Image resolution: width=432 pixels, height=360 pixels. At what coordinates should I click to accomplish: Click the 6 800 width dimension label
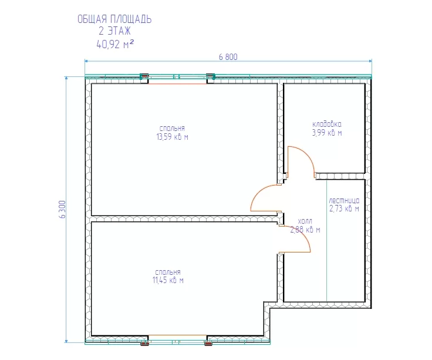(228, 57)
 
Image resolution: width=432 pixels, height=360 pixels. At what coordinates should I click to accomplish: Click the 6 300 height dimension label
(63, 210)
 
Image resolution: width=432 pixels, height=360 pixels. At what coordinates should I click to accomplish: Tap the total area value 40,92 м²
(115, 44)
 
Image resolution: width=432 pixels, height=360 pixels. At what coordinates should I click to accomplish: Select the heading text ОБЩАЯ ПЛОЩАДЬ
(114, 19)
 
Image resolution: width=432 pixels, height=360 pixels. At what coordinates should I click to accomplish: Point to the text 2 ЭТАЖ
(114, 31)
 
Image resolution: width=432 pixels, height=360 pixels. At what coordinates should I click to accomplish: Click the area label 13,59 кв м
(173, 137)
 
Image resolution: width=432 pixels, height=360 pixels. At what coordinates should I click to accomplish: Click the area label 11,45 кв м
(168, 280)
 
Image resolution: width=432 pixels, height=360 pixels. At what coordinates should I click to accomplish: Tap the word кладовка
(327, 124)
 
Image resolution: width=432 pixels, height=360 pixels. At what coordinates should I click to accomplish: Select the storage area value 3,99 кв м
(327, 133)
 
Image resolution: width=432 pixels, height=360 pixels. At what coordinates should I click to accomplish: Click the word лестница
(344, 200)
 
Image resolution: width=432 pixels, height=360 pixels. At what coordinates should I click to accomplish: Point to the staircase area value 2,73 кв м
(344, 208)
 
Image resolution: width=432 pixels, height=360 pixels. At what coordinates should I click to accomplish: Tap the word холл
(305, 221)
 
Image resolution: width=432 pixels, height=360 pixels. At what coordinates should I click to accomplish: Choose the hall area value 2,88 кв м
(305, 230)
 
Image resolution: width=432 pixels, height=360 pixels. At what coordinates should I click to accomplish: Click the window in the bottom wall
(177, 340)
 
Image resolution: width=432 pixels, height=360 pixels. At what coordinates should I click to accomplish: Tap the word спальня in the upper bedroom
(172, 129)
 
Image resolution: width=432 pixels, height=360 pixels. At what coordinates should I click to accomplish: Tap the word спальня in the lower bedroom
(168, 272)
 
